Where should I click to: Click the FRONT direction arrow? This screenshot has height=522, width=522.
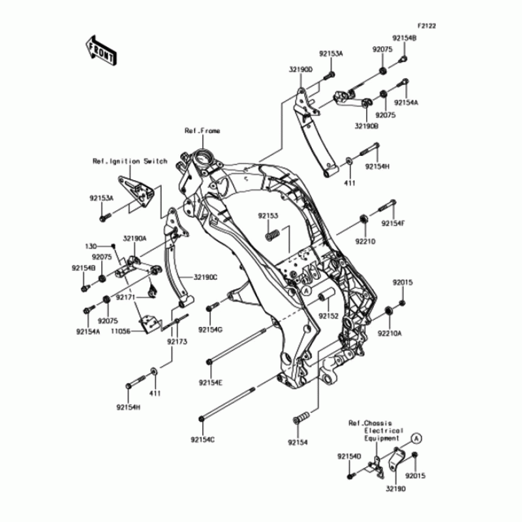coord(100,50)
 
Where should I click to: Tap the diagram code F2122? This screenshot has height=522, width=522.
coord(427,27)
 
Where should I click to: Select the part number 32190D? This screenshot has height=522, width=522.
coord(301,69)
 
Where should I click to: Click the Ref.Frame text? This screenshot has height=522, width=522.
coord(202,130)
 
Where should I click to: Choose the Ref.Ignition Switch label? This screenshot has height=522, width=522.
coord(130,161)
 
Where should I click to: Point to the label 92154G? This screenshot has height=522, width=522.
coord(211,330)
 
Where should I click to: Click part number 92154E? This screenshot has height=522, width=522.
coord(211,382)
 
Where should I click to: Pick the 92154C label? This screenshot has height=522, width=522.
coord(203,440)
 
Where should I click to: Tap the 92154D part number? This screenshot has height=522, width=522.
coord(349,456)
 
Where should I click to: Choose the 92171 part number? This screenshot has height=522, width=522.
coord(125,297)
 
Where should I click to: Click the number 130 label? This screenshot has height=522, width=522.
coord(90,246)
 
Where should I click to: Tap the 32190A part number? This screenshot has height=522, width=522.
coord(134,239)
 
